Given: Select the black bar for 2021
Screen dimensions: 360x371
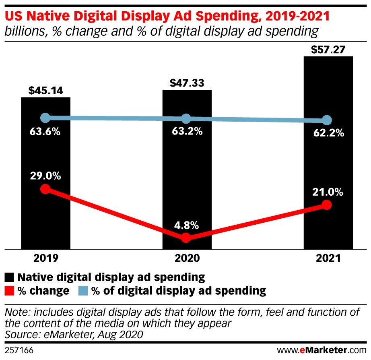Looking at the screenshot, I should (328, 161).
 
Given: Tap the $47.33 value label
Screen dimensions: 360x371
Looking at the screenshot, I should (187, 83).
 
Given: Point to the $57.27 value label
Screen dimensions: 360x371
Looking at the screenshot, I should (328, 50).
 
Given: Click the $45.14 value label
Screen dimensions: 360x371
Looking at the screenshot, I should (45, 91).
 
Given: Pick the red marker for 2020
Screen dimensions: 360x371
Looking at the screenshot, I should (186, 238).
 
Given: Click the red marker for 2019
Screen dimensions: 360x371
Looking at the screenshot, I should (45, 189).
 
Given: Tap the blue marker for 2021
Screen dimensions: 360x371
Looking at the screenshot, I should (328, 120).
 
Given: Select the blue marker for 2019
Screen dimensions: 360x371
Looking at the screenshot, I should (45, 118).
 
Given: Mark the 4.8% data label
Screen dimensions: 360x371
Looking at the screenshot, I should (187, 226).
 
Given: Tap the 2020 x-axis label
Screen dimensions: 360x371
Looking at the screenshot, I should (187, 258).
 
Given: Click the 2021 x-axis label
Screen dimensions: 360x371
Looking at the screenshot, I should (328, 258).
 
